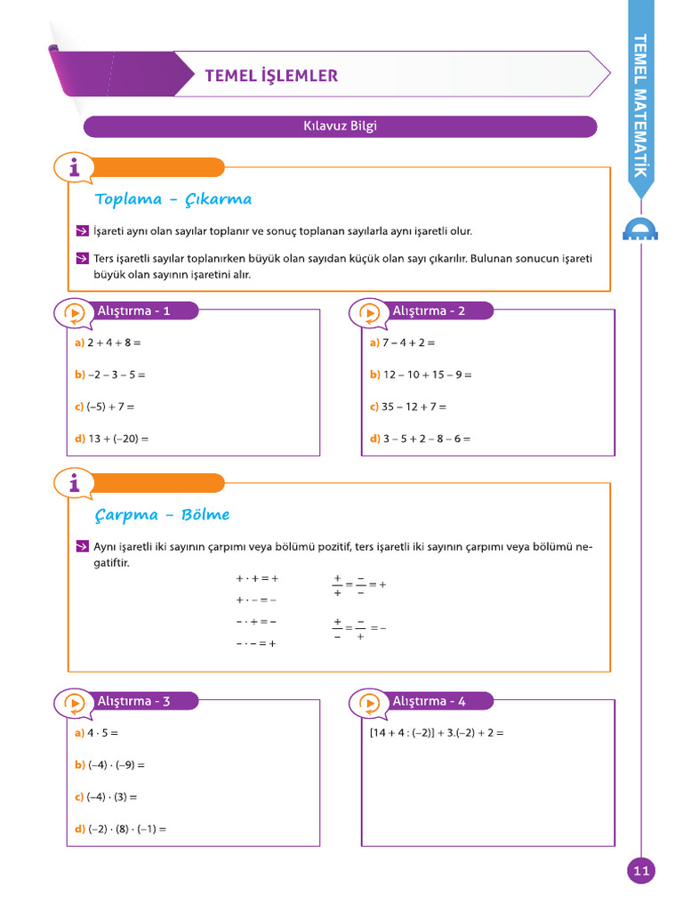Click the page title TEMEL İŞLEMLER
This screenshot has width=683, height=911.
(271, 76)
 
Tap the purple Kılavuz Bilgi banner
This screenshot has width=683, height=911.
(340, 126)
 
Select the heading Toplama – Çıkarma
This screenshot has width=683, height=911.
(173, 199)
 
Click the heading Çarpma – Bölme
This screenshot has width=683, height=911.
(162, 515)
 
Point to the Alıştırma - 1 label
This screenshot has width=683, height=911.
(133, 310)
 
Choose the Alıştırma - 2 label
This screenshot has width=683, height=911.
(429, 310)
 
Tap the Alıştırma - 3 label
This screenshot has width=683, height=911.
(133, 701)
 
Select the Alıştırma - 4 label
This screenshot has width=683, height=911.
(429, 701)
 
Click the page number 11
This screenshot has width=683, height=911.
(641, 870)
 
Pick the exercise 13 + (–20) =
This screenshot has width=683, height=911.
(117, 439)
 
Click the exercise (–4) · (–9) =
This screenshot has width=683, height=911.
(116, 765)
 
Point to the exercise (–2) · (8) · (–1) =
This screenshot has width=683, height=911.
(126, 829)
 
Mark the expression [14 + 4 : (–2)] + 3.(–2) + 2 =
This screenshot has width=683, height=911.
(437, 733)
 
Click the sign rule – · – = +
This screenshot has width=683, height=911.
(256, 644)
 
